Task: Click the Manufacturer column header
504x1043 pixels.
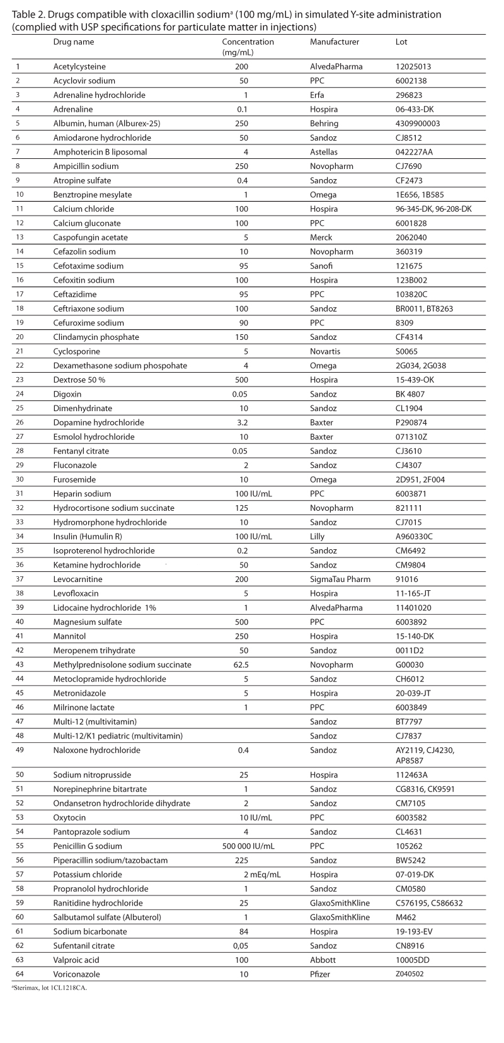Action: coord(334,42)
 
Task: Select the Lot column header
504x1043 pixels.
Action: coord(401,42)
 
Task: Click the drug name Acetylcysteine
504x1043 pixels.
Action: coord(79,66)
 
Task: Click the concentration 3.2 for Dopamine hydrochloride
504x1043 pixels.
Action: coord(245,422)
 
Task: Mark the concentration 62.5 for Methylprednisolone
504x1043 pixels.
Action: coord(245,665)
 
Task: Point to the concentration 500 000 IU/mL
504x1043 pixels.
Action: coord(245,846)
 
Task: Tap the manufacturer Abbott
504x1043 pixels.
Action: coord(322,960)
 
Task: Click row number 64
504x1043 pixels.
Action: coord(18,974)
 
